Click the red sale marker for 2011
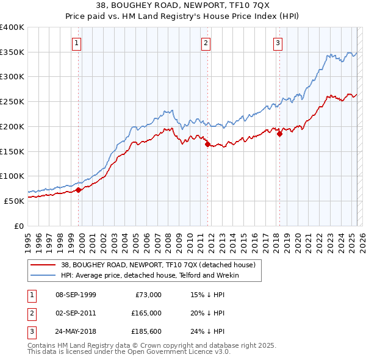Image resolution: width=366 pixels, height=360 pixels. (x=207, y=145)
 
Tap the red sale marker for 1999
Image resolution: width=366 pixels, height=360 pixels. (x=79, y=190)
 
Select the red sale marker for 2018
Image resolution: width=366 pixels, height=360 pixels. (x=279, y=134)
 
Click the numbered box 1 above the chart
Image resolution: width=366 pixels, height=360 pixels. (x=77, y=43)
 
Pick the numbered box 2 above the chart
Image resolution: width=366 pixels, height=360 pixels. (x=206, y=43)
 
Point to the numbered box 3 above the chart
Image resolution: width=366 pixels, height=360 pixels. (x=278, y=43)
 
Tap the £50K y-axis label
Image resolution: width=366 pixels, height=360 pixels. (x=14, y=201)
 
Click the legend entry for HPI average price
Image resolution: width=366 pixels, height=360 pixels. (x=150, y=275)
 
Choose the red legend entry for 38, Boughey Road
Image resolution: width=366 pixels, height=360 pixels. (x=161, y=265)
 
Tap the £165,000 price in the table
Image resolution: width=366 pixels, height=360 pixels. (x=146, y=313)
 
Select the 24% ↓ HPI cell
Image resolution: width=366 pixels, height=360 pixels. (x=208, y=331)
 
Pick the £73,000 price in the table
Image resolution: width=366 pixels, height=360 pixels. (x=148, y=295)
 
